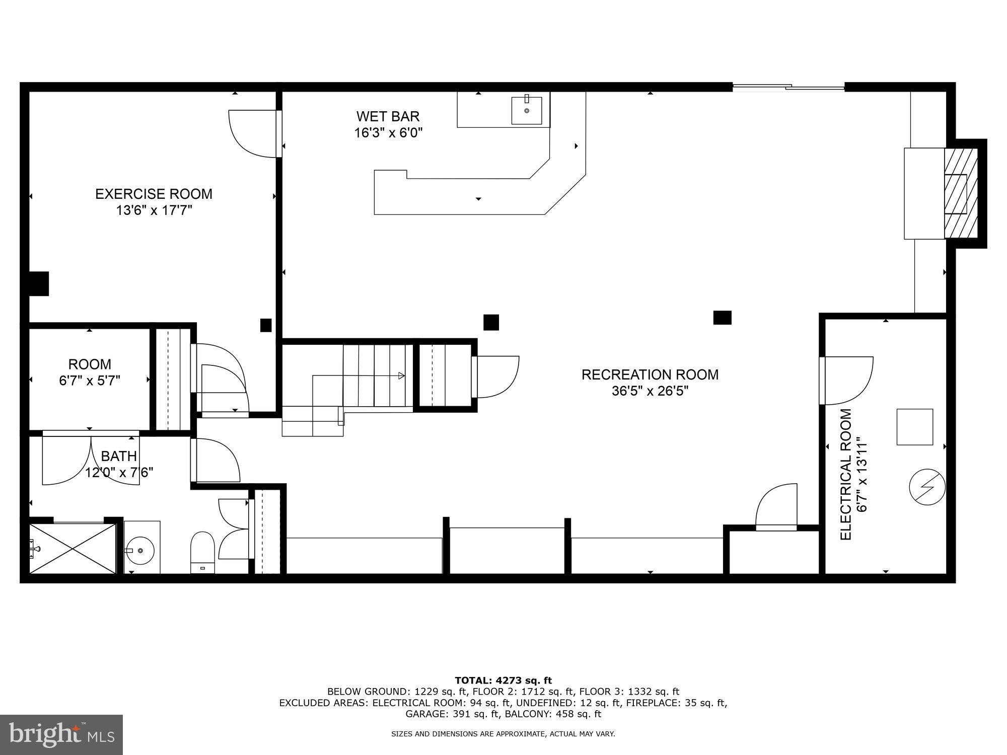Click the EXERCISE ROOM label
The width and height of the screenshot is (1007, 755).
click(x=154, y=194)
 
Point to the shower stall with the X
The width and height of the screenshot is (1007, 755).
click(x=73, y=548)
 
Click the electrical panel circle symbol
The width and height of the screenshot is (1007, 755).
click(x=927, y=487)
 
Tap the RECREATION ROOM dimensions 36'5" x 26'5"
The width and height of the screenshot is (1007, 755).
click(x=650, y=391)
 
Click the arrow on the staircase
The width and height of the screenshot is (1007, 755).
click(x=401, y=375)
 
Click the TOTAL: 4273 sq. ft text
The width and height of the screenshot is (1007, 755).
click(x=503, y=681)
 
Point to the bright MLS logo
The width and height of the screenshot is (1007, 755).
click(x=61, y=735)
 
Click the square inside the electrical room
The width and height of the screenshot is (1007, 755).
click(x=914, y=427)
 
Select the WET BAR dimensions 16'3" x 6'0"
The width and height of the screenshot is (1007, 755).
click(x=388, y=133)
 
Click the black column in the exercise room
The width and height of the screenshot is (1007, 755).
click(x=266, y=325)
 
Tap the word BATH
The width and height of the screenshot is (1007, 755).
click(x=119, y=456)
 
